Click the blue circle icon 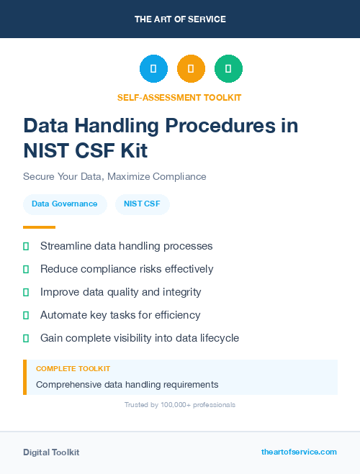pyautogui.click(x=153, y=69)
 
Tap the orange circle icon pyautogui.click(x=191, y=69)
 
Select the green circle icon pyautogui.click(x=228, y=69)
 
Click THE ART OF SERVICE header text pyautogui.click(x=180, y=19)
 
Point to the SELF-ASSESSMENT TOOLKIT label pyautogui.click(x=180, y=97)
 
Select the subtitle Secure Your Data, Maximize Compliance pyautogui.click(x=114, y=176)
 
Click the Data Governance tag pyautogui.click(x=64, y=204)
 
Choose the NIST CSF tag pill pyautogui.click(x=142, y=204)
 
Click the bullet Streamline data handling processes pyautogui.click(x=126, y=246)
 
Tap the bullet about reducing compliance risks pyautogui.click(x=127, y=269)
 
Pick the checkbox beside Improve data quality pyautogui.click(x=26, y=292)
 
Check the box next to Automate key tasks pyautogui.click(x=26, y=315)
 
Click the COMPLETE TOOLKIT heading pyautogui.click(x=73, y=368)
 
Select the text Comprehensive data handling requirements pyautogui.click(x=127, y=384)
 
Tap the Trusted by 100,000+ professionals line pyautogui.click(x=180, y=405)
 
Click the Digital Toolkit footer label pyautogui.click(x=51, y=452)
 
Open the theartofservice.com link pyautogui.click(x=299, y=452)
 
